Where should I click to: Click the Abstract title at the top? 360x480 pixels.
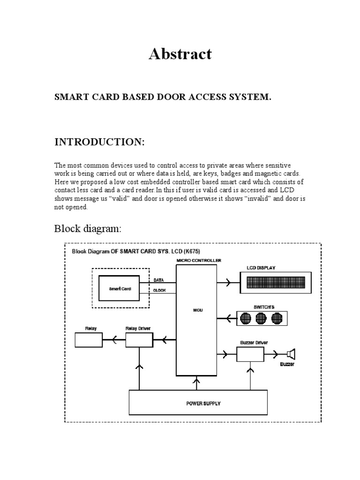pyautogui.click(x=180, y=54)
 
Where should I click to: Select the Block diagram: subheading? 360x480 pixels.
pyautogui.click(x=88, y=229)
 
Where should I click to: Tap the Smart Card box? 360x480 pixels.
pyautogui.click(x=120, y=289)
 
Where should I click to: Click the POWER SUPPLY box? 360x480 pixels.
pyautogui.click(x=198, y=403)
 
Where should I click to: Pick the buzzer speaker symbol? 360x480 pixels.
pyautogui.click(x=291, y=354)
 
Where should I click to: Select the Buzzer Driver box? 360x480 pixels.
pyautogui.click(x=250, y=354)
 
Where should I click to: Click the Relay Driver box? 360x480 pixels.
pyautogui.click(x=139, y=340)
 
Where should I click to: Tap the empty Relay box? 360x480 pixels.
pyautogui.click(x=88, y=340)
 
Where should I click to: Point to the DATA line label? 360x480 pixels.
pyautogui.click(x=159, y=280)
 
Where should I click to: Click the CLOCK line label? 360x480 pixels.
pyautogui.click(x=160, y=290)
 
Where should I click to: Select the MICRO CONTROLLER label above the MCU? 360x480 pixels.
pyautogui.click(x=199, y=260)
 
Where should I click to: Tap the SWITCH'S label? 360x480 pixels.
pyautogui.click(x=264, y=307)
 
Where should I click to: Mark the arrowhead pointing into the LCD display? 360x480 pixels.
pyautogui.click(x=227, y=283)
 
